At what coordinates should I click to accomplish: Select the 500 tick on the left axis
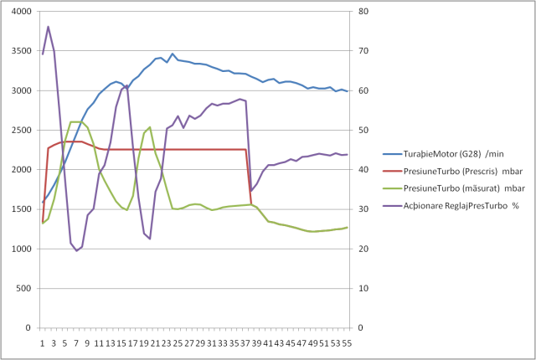pyautogui.click(x=23, y=288)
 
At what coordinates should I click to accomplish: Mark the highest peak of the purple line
pyautogui.click(x=48, y=27)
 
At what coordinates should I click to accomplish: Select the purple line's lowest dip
pyautogui.click(x=76, y=251)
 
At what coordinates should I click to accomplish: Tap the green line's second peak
pyautogui.click(x=150, y=127)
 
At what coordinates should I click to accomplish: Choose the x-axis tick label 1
pyautogui.click(x=42, y=342)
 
